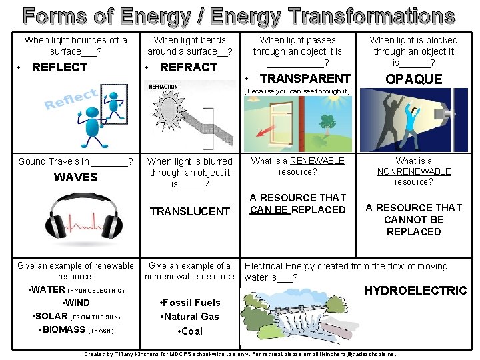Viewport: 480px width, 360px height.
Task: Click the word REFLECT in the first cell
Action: click(x=59, y=67)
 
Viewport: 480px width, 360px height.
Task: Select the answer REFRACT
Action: click(x=189, y=67)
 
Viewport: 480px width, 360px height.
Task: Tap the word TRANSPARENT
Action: click(x=304, y=79)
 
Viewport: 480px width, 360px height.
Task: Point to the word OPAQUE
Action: click(x=414, y=79)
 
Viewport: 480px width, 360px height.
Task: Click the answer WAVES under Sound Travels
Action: click(x=75, y=177)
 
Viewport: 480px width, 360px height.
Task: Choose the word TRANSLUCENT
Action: click(x=189, y=211)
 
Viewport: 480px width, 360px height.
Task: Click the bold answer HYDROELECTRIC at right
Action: click(x=415, y=291)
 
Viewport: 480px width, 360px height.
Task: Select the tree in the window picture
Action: click(x=327, y=123)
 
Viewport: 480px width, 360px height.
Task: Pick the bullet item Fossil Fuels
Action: click(x=190, y=303)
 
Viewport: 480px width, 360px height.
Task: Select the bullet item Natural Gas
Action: click(x=190, y=317)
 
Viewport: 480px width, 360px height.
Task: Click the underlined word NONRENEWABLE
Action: click(x=414, y=171)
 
